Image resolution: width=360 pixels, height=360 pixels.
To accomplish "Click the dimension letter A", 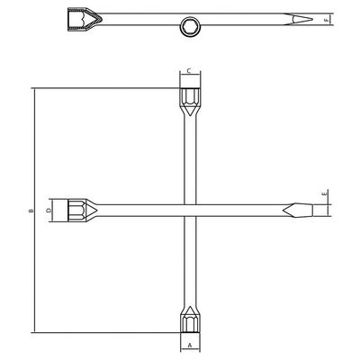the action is coord(190,345).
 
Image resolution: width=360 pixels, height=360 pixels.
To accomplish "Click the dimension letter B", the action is coord(31,211).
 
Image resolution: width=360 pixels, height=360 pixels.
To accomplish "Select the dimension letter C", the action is coord(189,71).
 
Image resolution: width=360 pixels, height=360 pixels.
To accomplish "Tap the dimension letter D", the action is coord(49,211).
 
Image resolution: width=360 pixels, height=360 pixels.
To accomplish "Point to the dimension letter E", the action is coord(324,193).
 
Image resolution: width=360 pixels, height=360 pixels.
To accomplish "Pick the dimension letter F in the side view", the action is coord(326,20).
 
